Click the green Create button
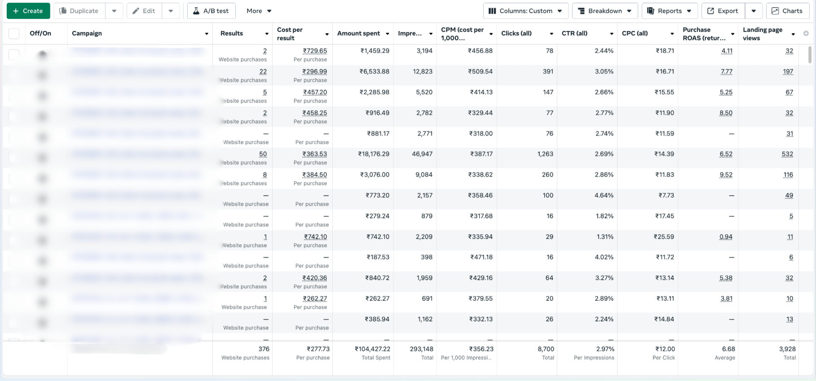pyautogui.click(x=28, y=11)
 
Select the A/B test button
pyautogui.click(x=211, y=11)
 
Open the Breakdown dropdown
pyautogui.click(x=604, y=11)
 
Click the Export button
pyautogui.click(x=723, y=11)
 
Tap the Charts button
pyautogui.click(x=787, y=11)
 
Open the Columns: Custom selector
pyautogui.click(x=525, y=11)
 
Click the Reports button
pyautogui.click(x=669, y=11)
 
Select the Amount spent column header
pyautogui.click(x=358, y=33)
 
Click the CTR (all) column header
pyautogui.click(x=574, y=33)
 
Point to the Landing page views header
pyautogui.click(x=762, y=34)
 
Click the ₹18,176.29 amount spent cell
pyautogui.click(x=374, y=154)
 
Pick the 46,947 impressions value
pyautogui.click(x=422, y=154)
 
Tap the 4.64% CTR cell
pyautogui.click(x=604, y=195)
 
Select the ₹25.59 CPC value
pyautogui.click(x=664, y=236)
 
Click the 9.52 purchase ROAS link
pyautogui.click(x=726, y=175)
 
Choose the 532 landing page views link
pyautogui.click(x=787, y=154)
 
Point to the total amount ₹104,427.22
pyautogui.click(x=372, y=349)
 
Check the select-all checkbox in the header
pyautogui.click(x=14, y=34)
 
